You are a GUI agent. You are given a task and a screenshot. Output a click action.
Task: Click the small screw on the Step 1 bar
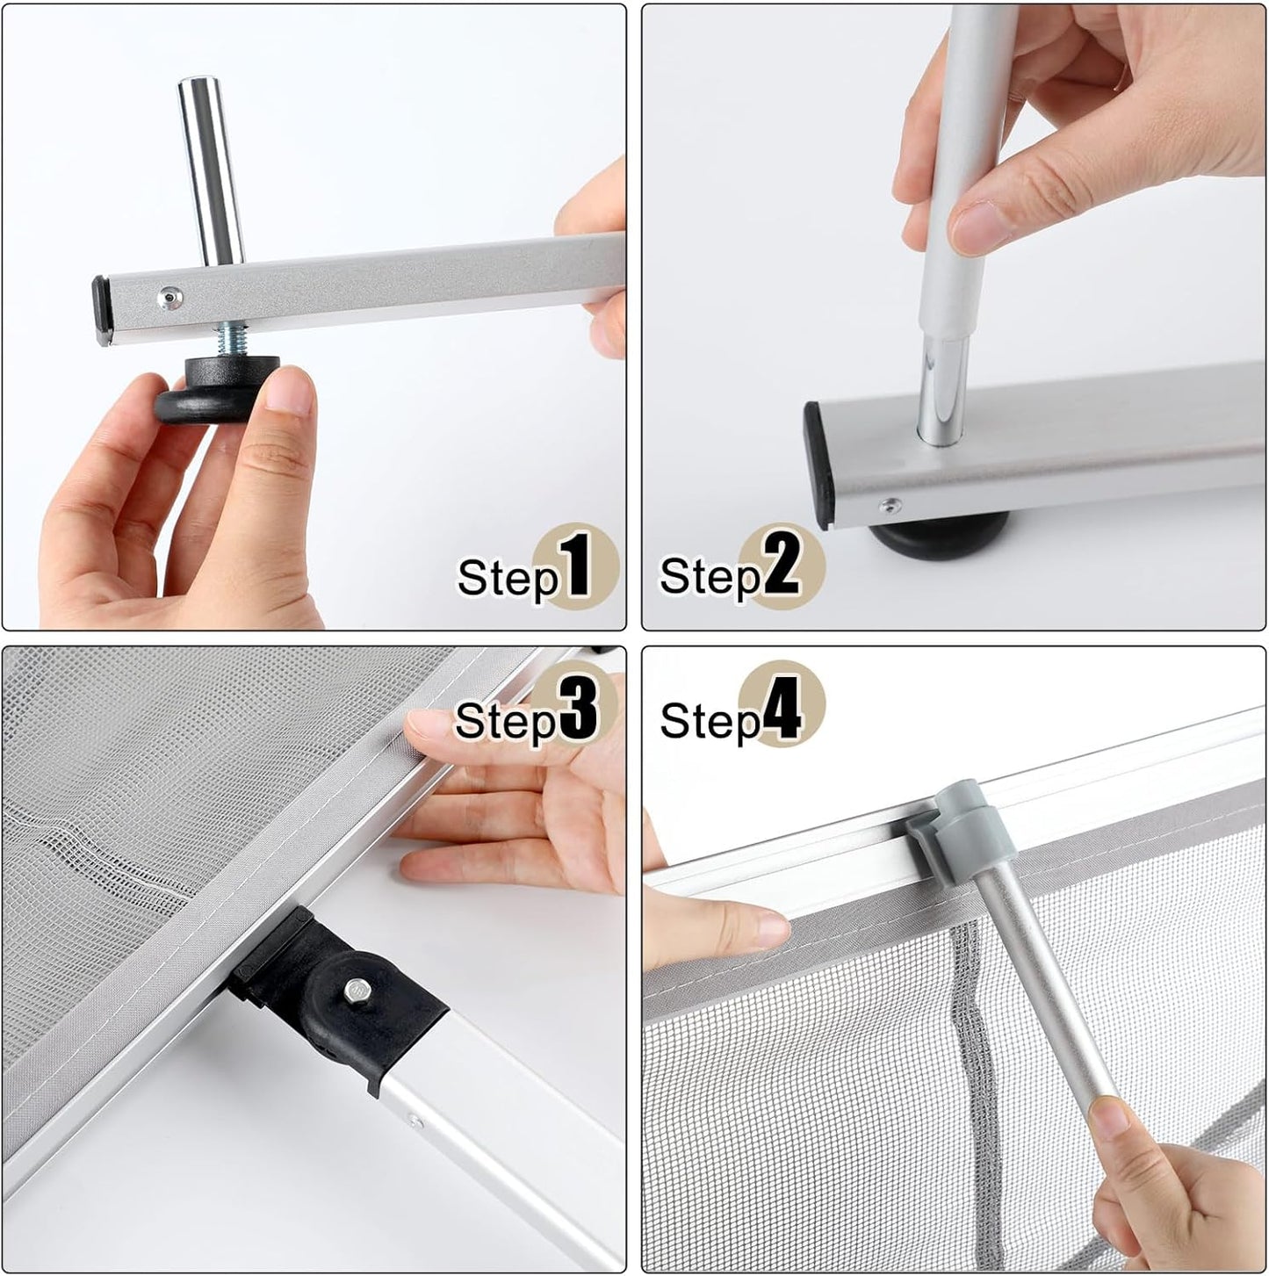[x=168, y=299]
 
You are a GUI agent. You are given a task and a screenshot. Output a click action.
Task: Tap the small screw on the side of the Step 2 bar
[x=890, y=504]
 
